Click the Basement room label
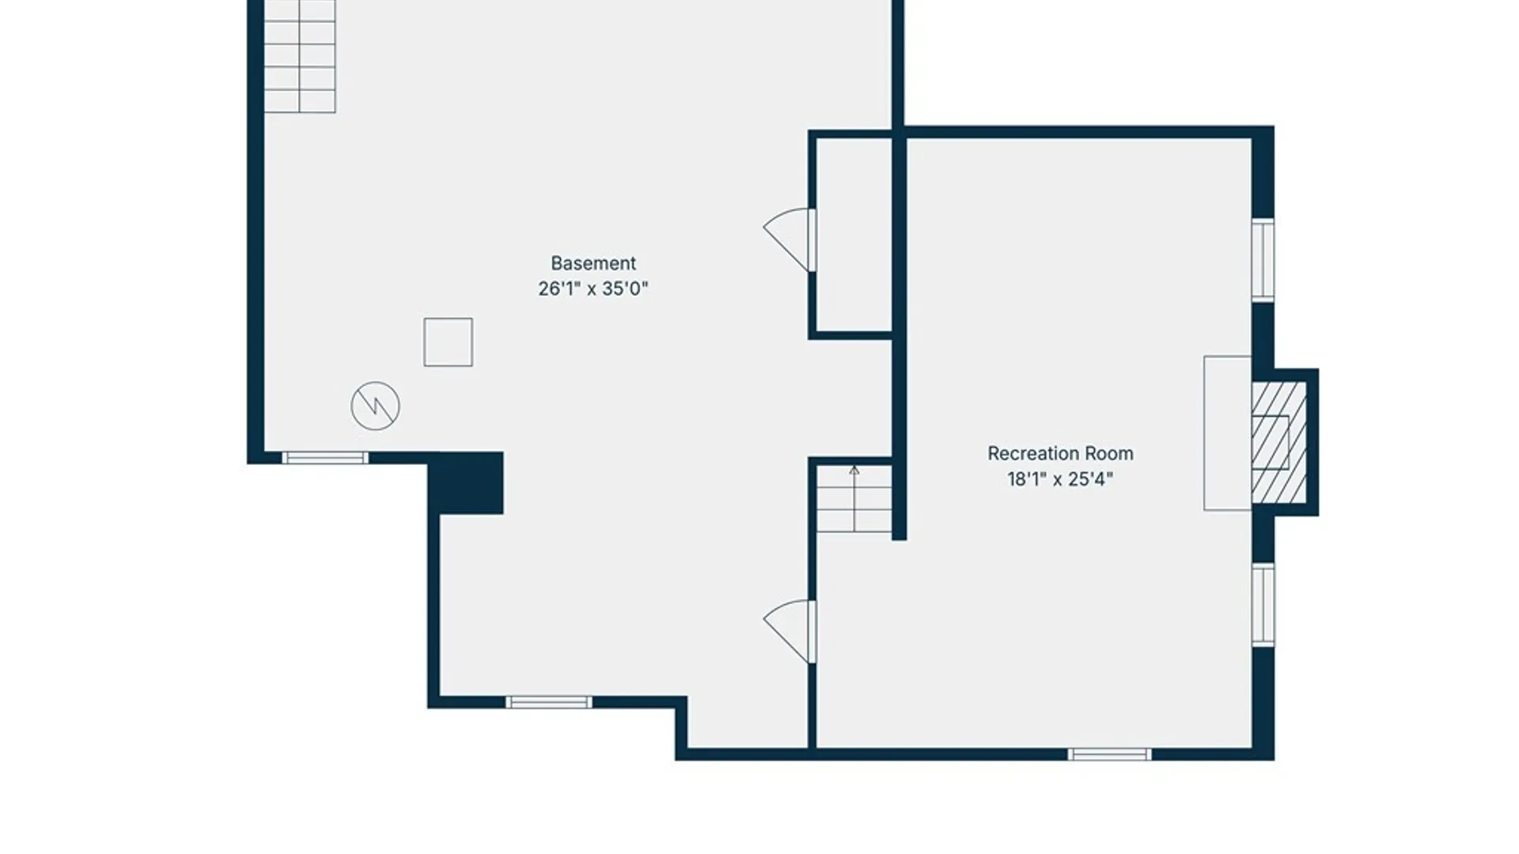(x=593, y=263)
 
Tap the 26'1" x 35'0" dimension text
(x=593, y=289)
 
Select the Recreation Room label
(x=1060, y=454)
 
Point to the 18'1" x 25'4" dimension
(x=1060, y=479)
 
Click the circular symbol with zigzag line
(x=375, y=406)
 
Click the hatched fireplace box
(x=1278, y=442)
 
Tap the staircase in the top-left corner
(x=300, y=56)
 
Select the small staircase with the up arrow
(x=854, y=498)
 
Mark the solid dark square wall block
(x=466, y=483)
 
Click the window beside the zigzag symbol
(x=325, y=458)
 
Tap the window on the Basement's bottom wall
(x=549, y=702)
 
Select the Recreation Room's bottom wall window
(x=1109, y=754)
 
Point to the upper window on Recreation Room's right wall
(x=1263, y=260)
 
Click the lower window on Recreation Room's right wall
(x=1263, y=605)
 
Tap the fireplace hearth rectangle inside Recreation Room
(x=1228, y=433)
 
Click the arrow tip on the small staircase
(x=854, y=467)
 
